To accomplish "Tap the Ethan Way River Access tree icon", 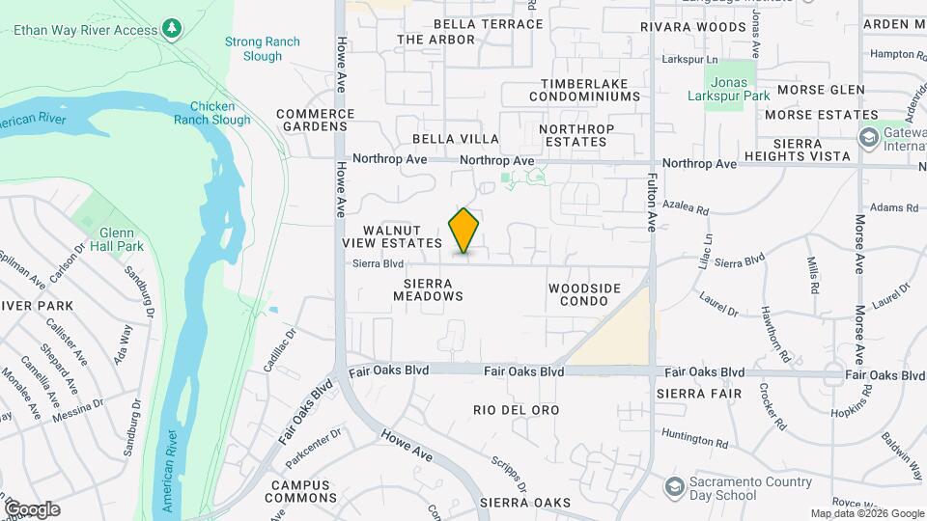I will point(172,29).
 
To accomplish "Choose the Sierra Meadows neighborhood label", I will point(428,289).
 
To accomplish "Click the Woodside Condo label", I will point(584,294).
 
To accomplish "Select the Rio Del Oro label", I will point(517,410).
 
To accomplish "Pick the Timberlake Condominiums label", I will point(590,90).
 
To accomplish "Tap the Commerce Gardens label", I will point(316,120).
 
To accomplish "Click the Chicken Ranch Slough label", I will point(212,113).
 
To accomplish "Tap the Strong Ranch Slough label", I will point(254,48).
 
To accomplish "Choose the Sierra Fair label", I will point(699,394).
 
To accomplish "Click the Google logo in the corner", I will point(32,508).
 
